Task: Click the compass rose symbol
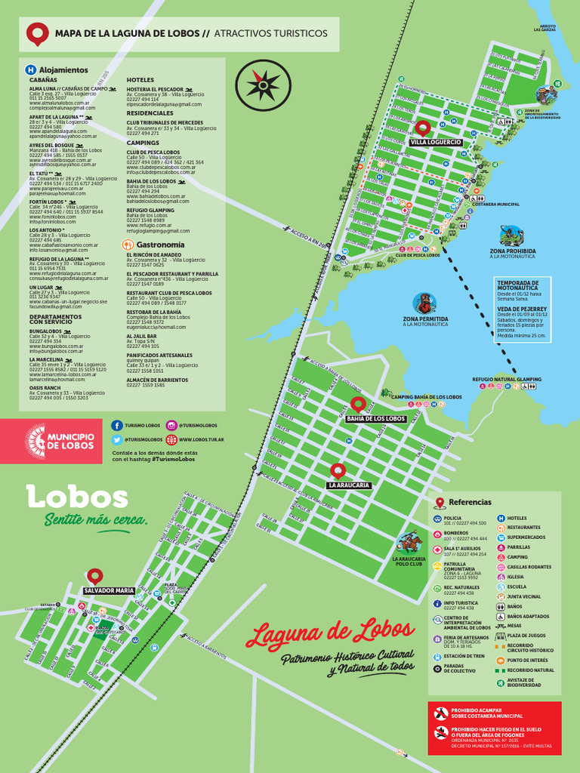coord(263,85)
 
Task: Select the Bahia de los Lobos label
coord(375,418)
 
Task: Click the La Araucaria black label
coord(349,485)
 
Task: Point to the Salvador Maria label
coord(109,590)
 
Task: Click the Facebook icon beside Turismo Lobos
coord(117,426)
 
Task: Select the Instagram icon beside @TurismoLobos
coord(171,426)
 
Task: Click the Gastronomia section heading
coord(159,245)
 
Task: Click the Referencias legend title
coord(470,502)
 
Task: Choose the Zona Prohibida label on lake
coord(513,251)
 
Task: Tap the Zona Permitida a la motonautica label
coord(425,321)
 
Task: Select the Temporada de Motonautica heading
coord(518,285)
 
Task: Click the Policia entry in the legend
coord(453,518)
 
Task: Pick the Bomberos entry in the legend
coord(456,533)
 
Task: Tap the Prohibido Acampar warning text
coord(487,713)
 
